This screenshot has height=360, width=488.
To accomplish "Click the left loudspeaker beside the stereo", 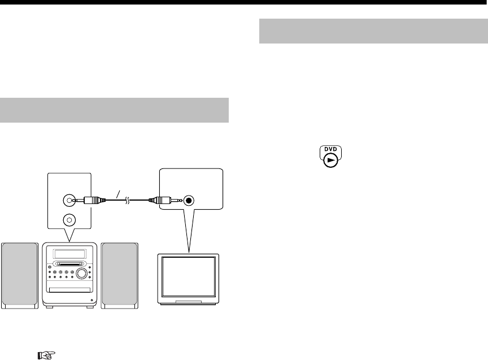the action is (x=20, y=275).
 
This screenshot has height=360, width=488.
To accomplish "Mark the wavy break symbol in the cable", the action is (x=128, y=199).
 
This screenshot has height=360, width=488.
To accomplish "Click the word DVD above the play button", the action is (x=330, y=149).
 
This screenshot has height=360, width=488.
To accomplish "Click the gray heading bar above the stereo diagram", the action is (x=115, y=110).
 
